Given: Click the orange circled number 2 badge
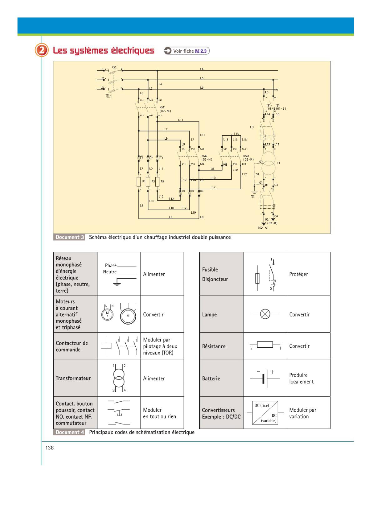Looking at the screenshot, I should click(x=42, y=51).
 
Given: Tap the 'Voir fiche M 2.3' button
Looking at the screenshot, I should click(x=187, y=51).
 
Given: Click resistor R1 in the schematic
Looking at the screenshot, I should click(x=139, y=181).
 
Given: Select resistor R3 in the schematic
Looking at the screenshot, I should click(x=157, y=181).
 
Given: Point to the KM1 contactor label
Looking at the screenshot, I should click(x=163, y=107).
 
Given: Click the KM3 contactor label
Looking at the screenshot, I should click(x=246, y=156).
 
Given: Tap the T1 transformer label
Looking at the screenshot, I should click(x=279, y=163).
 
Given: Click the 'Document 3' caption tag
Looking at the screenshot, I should click(x=69, y=237).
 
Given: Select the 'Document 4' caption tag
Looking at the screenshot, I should click(x=69, y=432).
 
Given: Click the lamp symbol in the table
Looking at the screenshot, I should click(x=265, y=314).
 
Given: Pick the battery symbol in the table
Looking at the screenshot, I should click(x=265, y=378).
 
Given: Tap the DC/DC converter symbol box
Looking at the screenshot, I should click(x=265, y=413).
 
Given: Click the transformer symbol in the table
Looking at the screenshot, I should click(x=119, y=378).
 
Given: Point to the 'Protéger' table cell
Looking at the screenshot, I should click(x=299, y=274).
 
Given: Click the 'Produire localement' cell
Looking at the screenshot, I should click(x=301, y=378).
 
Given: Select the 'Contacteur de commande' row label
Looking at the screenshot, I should click(x=72, y=346).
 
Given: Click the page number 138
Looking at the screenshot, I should click(x=49, y=448).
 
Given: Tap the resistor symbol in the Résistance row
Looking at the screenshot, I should click(x=265, y=345).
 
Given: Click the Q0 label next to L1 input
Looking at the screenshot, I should click(x=114, y=67).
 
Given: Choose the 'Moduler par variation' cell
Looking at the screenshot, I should click(x=303, y=413).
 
